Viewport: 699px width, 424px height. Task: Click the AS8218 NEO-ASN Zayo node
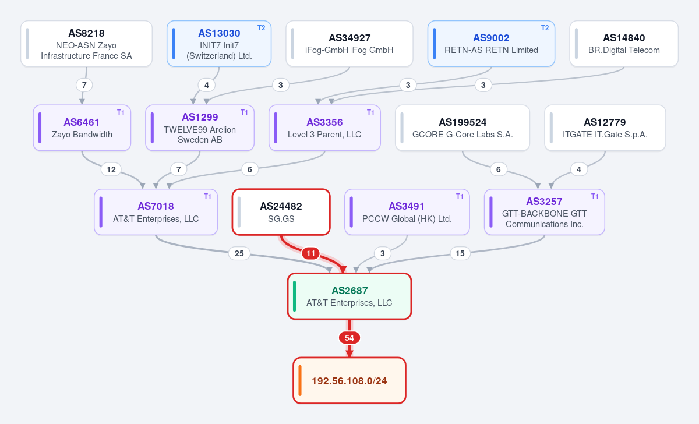click(86, 44)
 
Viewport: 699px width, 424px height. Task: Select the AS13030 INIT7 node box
click(219, 44)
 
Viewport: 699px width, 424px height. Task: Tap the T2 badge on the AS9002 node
click(545, 28)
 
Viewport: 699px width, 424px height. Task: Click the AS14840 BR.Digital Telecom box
click(624, 44)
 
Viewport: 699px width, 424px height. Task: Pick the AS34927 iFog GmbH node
click(349, 44)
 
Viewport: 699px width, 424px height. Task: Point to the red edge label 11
click(311, 253)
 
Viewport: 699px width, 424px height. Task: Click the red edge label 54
click(349, 338)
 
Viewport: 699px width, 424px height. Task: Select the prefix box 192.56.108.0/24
click(349, 381)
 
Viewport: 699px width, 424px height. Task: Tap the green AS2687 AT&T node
click(349, 296)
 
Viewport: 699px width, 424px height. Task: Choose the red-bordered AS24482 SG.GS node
click(281, 212)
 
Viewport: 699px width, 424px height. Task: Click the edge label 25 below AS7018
click(239, 253)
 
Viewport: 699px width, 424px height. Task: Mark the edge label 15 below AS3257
click(460, 253)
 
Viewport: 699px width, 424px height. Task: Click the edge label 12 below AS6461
click(111, 169)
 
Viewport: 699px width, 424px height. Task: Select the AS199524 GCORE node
click(463, 128)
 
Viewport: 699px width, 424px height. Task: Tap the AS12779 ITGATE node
click(605, 128)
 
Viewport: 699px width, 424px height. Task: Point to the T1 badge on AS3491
click(460, 196)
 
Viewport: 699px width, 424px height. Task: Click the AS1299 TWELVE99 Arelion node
click(200, 128)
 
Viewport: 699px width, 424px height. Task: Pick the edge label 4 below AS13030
click(207, 85)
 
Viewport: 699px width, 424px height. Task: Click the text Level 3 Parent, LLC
click(324, 135)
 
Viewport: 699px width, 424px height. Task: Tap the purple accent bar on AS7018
click(101, 212)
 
